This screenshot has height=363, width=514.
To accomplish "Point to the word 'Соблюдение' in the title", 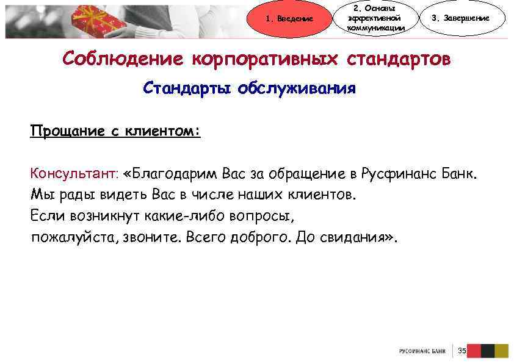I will click(122, 59).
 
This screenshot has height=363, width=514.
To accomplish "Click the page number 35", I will click(462, 351).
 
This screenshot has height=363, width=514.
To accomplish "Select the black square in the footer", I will click(487, 351).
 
